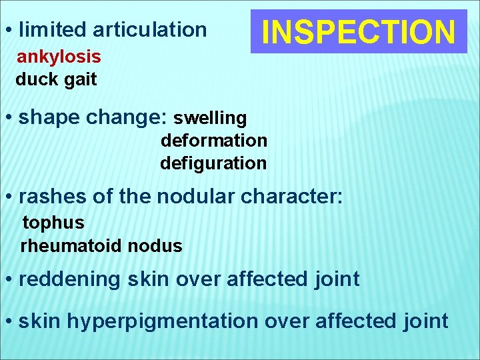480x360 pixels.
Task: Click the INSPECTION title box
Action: coord(359,31)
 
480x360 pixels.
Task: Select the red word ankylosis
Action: coord(59,57)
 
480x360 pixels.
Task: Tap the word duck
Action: coord(37,79)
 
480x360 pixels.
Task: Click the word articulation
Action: coord(150,29)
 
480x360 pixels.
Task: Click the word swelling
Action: coord(210,118)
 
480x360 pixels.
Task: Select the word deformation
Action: coord(213,141)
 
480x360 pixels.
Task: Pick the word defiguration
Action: coord(213,163)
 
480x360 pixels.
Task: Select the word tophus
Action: coord(53,222)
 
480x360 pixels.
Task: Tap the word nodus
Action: coord(155,246)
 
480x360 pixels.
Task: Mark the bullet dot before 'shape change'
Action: coord(9,119)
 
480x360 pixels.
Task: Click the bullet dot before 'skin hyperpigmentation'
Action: coord(9,321)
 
